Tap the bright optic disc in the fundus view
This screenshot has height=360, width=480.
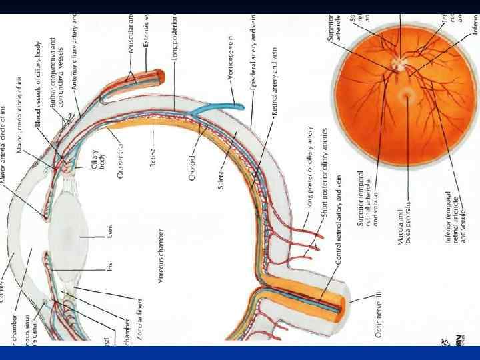pos(398,64)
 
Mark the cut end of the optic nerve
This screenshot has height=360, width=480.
pos(340,305)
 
